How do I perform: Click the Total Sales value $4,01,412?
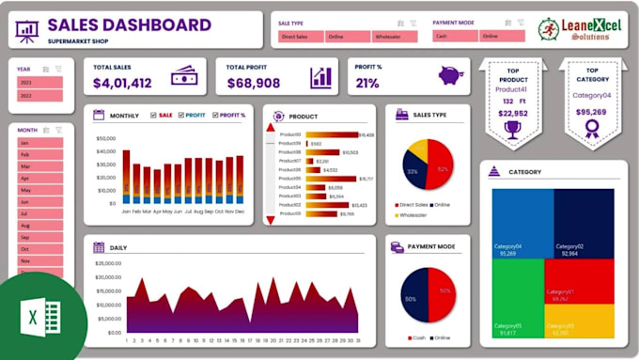tap(122, 84)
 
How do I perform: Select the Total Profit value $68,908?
tap(254, 84)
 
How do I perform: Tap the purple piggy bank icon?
tap(451, 75)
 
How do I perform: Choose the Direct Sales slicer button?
tap(300, 37)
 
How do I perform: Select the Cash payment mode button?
tap(455, 37)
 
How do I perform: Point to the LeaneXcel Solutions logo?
tap(574, 29)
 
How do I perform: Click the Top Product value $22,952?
tap(511, 113)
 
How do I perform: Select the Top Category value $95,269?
tap(591, 113)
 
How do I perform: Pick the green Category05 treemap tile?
tap(517, 301)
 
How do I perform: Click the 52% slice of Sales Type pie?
tap(441, 168)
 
